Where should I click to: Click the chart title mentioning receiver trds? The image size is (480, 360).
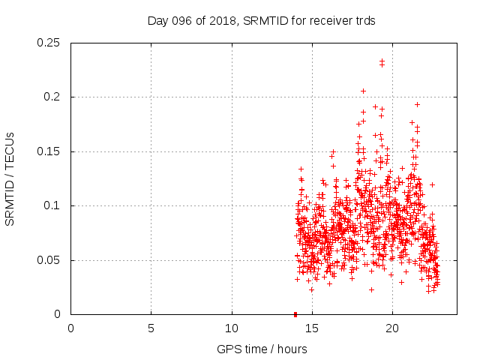click(x=261, y=21)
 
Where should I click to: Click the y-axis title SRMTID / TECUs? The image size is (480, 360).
click(x=10, y=178)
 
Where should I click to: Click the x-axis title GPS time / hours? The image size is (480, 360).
click(x=261, y=349)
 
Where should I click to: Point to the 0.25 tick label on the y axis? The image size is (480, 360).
click(x=49, y=43)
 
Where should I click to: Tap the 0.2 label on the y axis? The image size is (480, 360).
click(x=52, y=97)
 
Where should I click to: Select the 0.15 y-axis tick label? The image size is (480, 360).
click(x=49, y=151)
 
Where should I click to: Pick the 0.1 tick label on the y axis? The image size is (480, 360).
click(x=52, y=206)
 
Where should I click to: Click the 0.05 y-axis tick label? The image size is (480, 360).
click(x=49, y=260)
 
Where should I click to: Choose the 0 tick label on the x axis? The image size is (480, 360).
click(x=70, y=328)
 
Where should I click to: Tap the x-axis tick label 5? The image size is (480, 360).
click(x=151, y=328)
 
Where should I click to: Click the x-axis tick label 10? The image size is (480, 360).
click(x=232, y=328)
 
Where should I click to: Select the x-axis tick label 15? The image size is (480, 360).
click(x=312, y=328)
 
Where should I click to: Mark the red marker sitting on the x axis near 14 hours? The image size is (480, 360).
click(x=295, y=314)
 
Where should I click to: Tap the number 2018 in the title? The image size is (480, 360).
click(x=223, y=21)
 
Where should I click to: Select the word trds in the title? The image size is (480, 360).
click(x=364, y=21)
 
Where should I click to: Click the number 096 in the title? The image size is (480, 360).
click(x=185, y=21)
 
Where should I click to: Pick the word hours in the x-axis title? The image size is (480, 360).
click(x=291, y=349)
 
